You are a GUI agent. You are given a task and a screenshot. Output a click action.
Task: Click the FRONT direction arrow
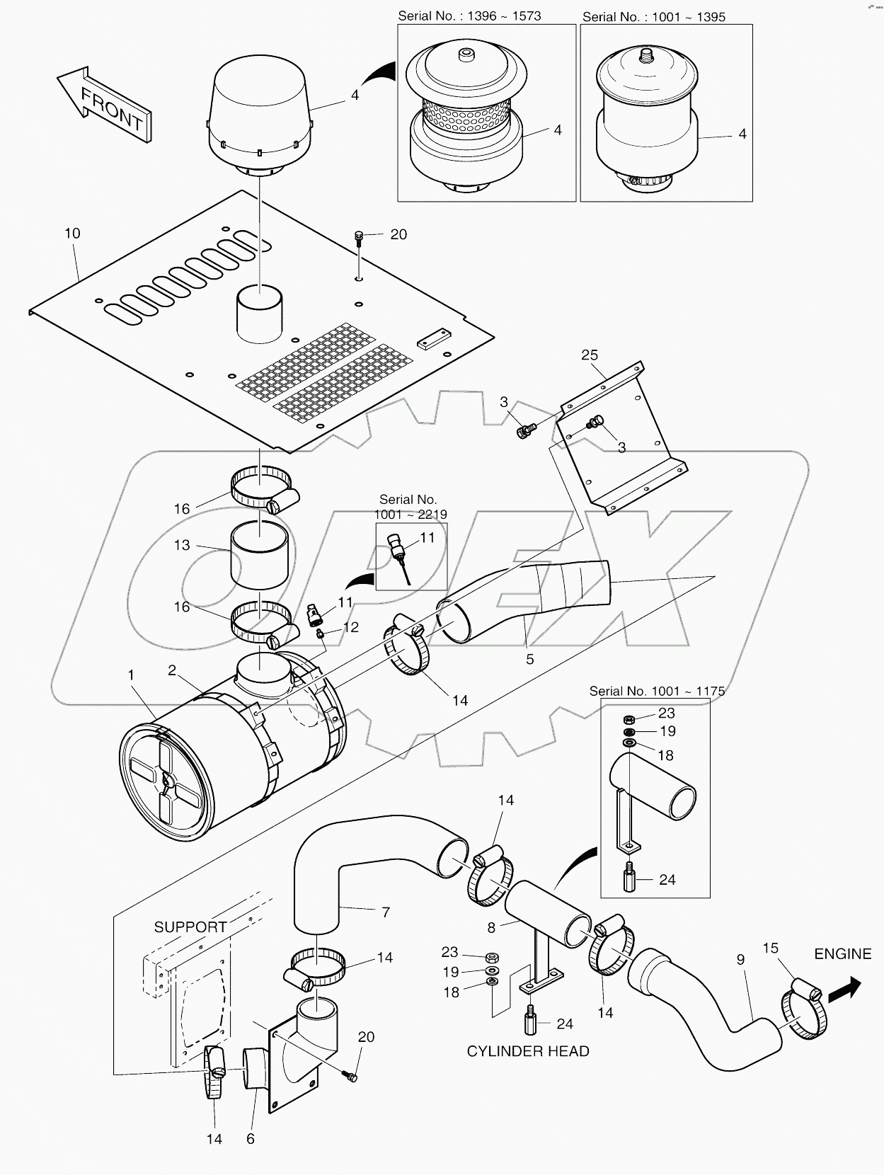coord(105,106)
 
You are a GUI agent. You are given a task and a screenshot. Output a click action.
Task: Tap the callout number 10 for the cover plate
coord(72,233)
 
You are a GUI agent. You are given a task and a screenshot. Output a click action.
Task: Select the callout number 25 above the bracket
coord(590,355)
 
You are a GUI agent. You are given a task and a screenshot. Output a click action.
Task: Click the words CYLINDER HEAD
coord(528,1051)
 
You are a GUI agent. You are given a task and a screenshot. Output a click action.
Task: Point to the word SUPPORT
coord(190,927)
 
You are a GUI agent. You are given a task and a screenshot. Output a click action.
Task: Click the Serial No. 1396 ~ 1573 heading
coord(469,16)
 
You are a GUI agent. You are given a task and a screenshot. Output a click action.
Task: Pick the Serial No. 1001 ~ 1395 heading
coord(654,16)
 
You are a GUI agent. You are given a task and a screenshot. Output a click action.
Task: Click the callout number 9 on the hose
coord(740,960)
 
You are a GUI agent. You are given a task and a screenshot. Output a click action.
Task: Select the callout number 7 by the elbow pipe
coord(386,912)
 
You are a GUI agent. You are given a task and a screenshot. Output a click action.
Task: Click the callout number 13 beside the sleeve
coord(182,544)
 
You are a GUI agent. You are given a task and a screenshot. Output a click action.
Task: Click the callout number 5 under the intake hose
coord(530,659)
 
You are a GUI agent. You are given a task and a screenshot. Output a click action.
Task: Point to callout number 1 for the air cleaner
coord(131,675)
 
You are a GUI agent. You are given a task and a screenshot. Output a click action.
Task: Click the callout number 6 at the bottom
coord(251,1138)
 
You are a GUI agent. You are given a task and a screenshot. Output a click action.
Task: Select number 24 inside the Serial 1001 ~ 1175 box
coord(667,880)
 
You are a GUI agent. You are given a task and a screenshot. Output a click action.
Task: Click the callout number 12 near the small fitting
coord(350,627)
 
